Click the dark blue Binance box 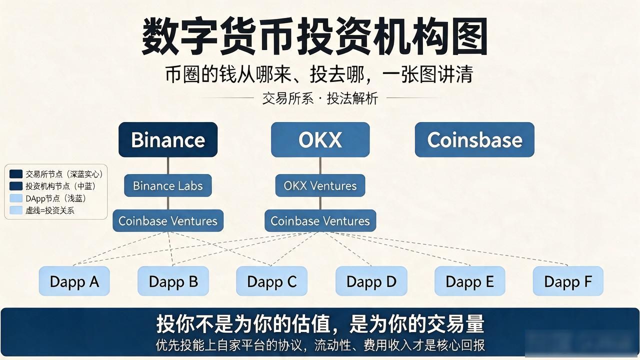[168, 139]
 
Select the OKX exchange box [320, 139]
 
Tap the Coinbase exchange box [474, 139]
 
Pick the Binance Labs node [168, 185]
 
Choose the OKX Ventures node [320, 185]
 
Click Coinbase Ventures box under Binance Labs [168, 220]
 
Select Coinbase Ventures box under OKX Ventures [320, 220]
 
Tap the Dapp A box [74, 281]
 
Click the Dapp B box [173, 281]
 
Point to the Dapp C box [271, 281]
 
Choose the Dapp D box [371, 281]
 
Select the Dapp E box [469, 281]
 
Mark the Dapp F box [568, 281]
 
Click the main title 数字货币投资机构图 [314, 36]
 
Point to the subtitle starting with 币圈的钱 [319, 74]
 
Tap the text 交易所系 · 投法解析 [320, 98]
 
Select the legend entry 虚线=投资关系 [41, 210]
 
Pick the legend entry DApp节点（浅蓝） [47, 198]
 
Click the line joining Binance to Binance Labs [168, 165]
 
